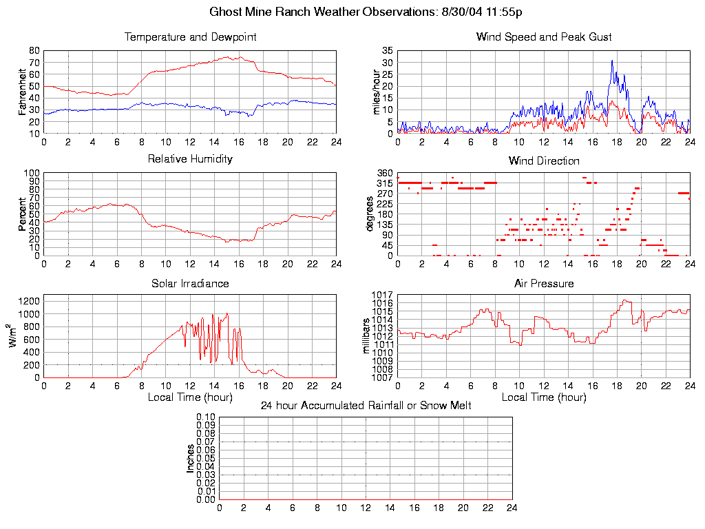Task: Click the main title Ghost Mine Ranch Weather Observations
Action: point(366,12)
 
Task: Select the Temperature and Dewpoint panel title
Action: point(191,37)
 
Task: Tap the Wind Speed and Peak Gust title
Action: point(544,37)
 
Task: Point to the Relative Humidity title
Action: point(191,159)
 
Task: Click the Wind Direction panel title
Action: point(544,161)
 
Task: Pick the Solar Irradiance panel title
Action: point(191,283)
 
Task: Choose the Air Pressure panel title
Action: point(544,283)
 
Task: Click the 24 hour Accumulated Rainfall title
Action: point(366,406)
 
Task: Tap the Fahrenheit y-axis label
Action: point(23,92)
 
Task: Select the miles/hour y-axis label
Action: point(377,92)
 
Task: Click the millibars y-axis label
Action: point(367,336)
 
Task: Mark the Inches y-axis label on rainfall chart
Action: point(191,458)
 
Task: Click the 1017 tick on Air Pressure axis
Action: point(383,295)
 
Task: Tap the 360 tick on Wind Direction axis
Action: point(385,173)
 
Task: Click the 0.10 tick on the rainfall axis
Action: point(206,417)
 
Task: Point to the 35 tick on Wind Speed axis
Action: point(387,51)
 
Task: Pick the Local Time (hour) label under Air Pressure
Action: point(544,397)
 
